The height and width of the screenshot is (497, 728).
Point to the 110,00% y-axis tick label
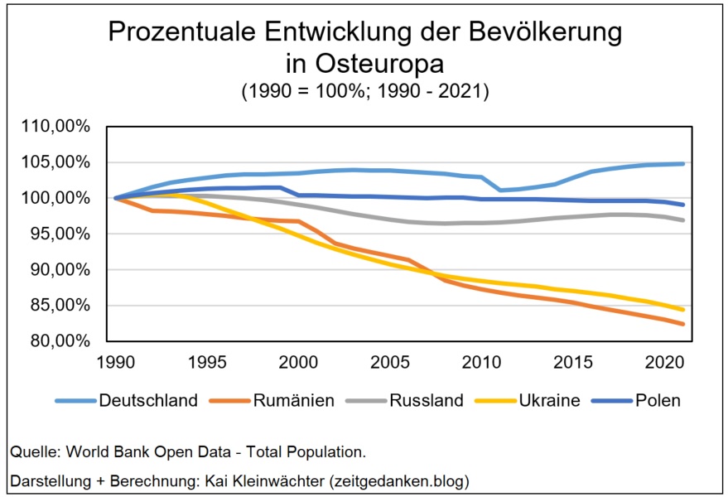point(64,127)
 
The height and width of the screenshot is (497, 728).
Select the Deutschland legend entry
point(147,401)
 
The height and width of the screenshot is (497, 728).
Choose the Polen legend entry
point(659,401)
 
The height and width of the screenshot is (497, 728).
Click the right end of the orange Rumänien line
point(682,324)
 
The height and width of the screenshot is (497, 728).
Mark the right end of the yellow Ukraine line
point(682,310)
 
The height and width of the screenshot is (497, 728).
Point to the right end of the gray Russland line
point(682,220)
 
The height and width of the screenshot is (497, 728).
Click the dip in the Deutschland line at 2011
point(499,190)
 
